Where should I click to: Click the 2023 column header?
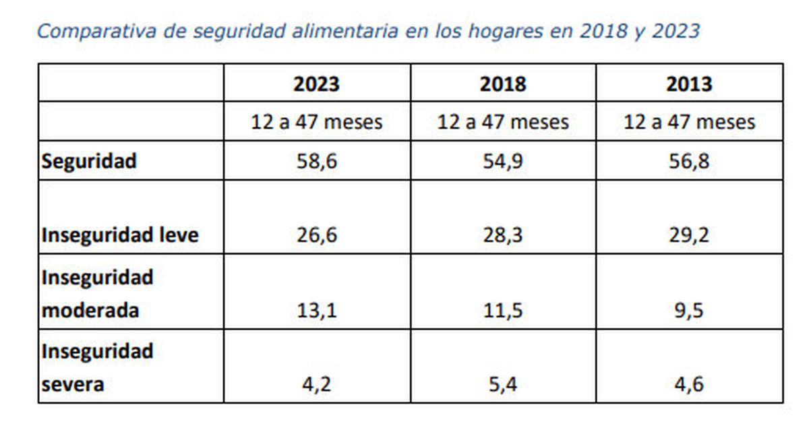point(316,84)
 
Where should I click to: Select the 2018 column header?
point(503,84)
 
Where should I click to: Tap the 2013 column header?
point(689,84)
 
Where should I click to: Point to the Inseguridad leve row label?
point(120,236)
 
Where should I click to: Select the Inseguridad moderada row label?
point(98,294)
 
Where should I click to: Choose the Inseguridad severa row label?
point(98,368)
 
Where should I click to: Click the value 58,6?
point(316,162)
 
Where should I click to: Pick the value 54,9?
point(503,162)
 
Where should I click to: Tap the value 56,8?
point(689,162)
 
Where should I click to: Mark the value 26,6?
point(316,236)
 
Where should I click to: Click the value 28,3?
point(503,236)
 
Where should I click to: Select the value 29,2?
point(689,236)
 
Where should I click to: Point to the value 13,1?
point(316,311)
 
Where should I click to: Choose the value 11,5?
point(503,311)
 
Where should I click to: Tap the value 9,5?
point(689,311)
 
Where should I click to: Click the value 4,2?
point(316,385)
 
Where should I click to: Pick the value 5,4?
point(503,385)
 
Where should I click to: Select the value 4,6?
point(689,385)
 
